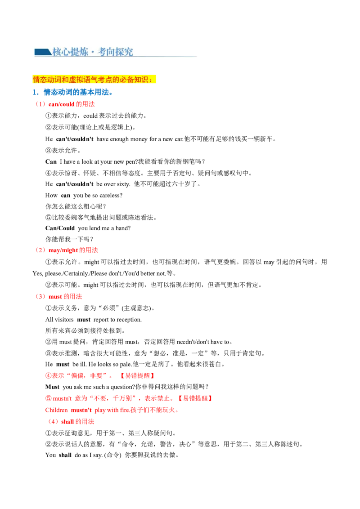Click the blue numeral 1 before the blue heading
click(x=34, y=93)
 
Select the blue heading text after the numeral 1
click(x=78, y=93)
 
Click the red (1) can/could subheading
click(x=65, y=104)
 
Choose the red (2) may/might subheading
click(x=67, y=250)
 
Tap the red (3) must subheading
click(x=59, y=297)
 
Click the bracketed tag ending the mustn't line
click(x=195, y=398)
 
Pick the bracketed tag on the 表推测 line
click(x=137, y=375)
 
